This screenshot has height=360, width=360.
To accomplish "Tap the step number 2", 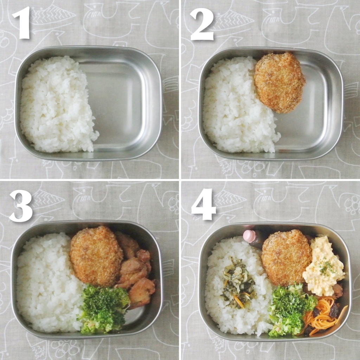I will pos(202,24).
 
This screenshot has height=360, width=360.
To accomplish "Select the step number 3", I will pos(21,206).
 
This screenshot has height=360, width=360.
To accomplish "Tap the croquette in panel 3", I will pos(96,255).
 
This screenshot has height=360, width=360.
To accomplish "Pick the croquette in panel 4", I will pos(286,257).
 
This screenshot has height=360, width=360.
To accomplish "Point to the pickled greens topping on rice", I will pos(238,283).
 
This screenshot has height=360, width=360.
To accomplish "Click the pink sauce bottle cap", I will pos(250,236).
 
